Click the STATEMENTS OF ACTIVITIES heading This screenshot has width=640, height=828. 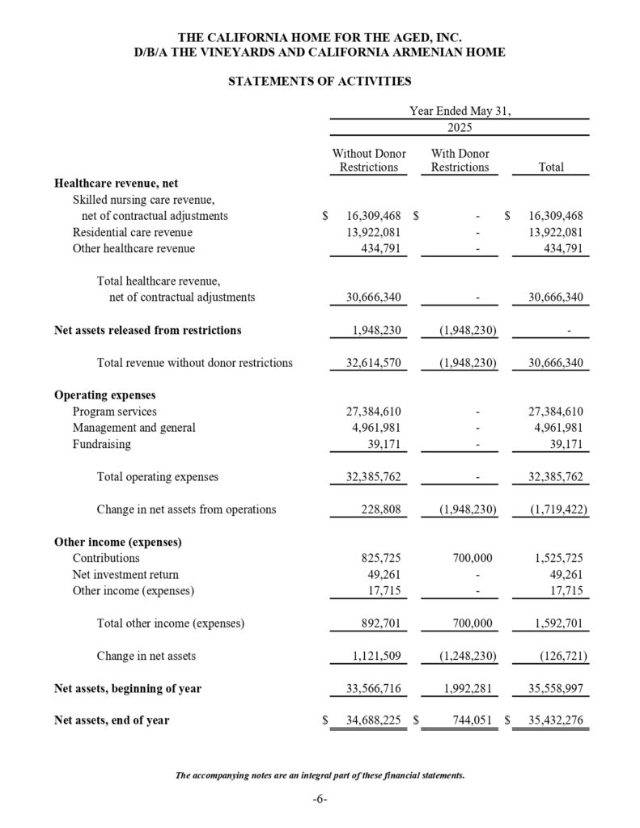(320, 82)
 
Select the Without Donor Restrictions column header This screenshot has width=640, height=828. (369, 160)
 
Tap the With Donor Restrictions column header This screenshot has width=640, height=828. (460, 160)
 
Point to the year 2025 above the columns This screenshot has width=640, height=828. (460, 128)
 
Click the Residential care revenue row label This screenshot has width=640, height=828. (133, 232)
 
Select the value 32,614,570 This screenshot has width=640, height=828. (374, 363)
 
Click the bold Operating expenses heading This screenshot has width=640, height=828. (104, 395)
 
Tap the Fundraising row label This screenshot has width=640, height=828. (101, 444)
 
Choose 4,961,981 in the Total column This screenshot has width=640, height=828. (556, 428)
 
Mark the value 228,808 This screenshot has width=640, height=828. (380, 509)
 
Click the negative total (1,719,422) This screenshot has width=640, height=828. (553, 509)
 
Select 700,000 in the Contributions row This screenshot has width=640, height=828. (469, 558)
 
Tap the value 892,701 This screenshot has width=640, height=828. (380, 623)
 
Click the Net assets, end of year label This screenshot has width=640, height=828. (112, 720)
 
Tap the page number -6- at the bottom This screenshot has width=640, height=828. (320, 800)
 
